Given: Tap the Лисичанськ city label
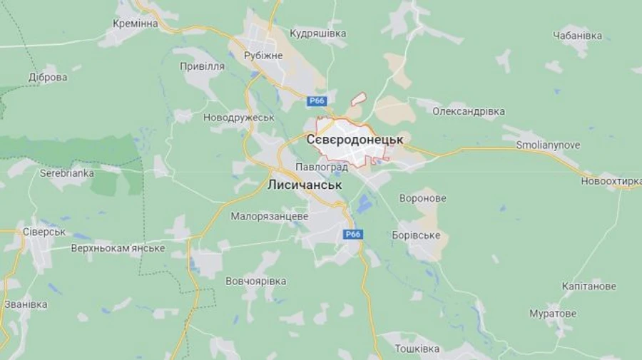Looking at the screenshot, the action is (304, 185).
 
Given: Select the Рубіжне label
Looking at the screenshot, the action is (263, 56).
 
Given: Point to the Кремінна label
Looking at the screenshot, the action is (135, 24).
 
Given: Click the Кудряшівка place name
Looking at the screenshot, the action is (318, 34).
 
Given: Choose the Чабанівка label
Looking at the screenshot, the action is (577, 36).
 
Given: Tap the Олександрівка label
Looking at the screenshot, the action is (469, 111).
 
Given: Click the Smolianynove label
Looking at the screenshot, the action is (548, 145).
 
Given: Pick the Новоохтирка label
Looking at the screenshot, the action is (611, 181).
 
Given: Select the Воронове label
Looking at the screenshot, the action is (423, 198).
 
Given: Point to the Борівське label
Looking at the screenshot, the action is (417, 235).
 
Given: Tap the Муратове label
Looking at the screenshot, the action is (553, 314).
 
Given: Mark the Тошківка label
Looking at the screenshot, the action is (417, 349).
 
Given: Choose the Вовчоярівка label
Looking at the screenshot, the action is (256, 281).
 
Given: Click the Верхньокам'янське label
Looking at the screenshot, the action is (118, 248).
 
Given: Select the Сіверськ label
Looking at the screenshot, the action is (44, 232).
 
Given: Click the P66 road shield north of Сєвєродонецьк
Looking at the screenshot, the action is (317, 101).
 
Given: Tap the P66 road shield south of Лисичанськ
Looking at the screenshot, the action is (353, 234).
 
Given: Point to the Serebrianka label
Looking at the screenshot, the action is (67, 173).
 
